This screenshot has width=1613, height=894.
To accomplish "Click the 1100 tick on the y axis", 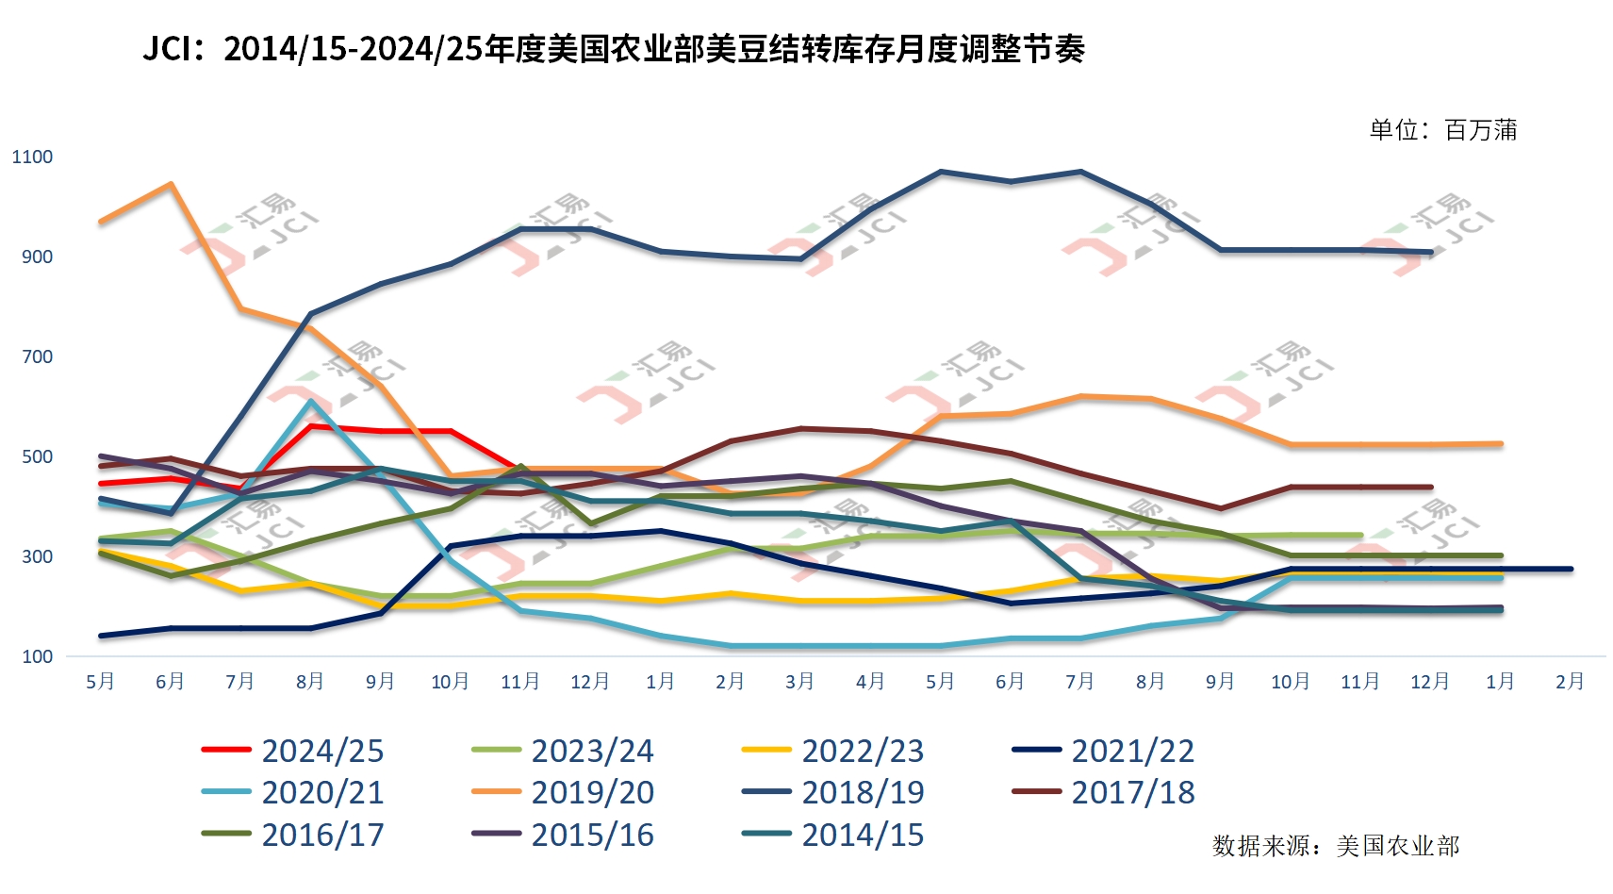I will (x=32, y=157).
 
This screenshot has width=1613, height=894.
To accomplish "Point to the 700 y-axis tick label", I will (x=37, y=357).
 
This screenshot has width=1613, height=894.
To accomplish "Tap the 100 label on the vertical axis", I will (x=37, y=657).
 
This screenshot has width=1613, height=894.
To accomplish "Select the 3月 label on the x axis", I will (x=799, y=682).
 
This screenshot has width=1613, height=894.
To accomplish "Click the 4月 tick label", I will (x=870, y=682).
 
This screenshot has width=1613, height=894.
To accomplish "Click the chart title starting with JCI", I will (x=614, y=49).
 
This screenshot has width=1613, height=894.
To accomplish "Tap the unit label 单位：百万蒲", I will (x=1442, y=130).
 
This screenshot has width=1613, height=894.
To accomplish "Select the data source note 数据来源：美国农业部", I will (x=1335, y=846).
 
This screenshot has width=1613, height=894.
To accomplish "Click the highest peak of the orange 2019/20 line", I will (x=171, y=184).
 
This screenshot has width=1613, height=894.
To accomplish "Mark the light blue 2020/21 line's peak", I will (x=310, y=401).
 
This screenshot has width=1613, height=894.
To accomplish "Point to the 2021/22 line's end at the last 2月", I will (x=1570, y=570).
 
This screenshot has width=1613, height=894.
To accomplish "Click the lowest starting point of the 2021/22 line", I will (x=101, y=636).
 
